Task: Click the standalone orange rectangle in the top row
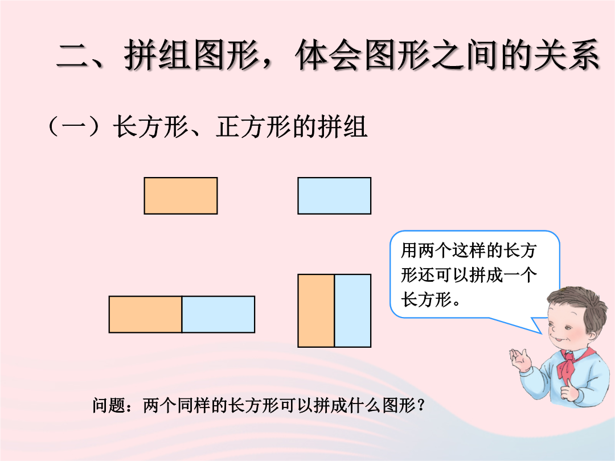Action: click(181, 196)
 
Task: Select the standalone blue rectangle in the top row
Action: click(334, 196)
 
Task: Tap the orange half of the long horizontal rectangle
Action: click(146, 314)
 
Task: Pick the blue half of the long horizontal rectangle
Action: click(219, 314)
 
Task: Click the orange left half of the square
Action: click(316, 311)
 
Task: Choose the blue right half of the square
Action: click(352, 311)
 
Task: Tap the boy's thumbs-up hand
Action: click(569, 390)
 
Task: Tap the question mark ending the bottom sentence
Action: click(421, 405)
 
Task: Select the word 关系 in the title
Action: click(565, 55)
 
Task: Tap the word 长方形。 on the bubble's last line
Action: click(430, 299)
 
